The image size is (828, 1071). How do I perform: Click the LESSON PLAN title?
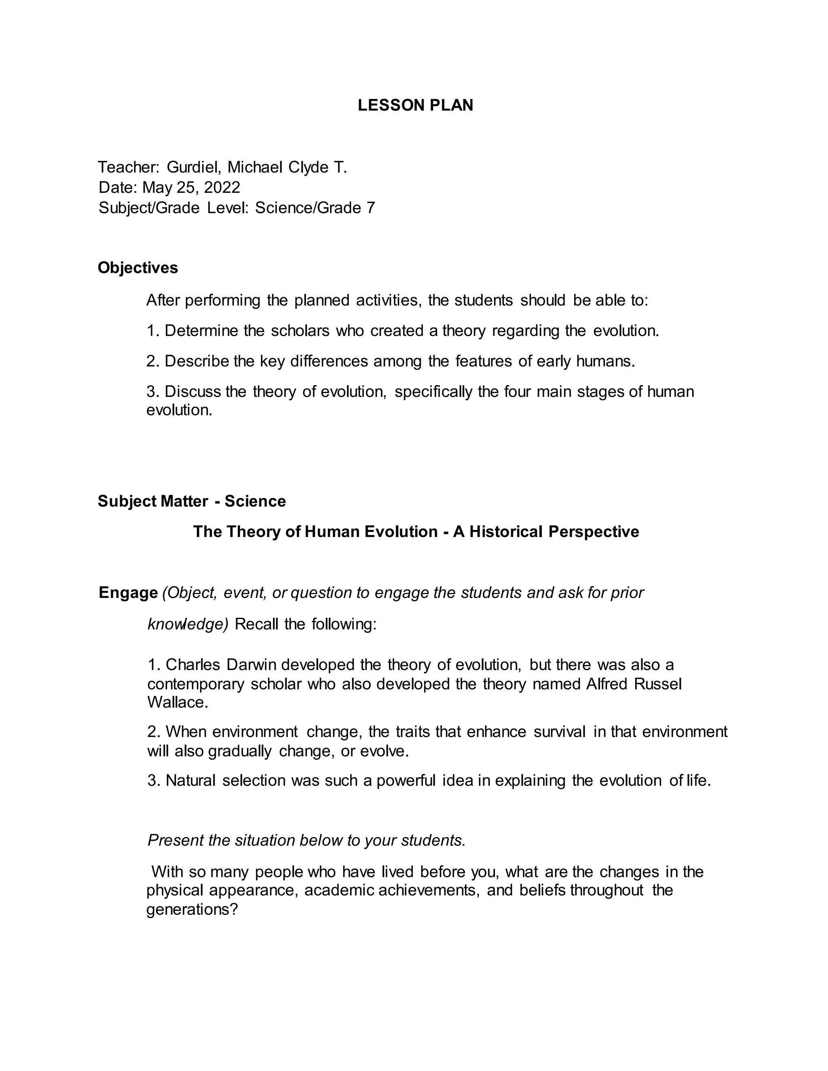[x=415, y=105]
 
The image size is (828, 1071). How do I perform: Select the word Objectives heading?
[x=138, y=268]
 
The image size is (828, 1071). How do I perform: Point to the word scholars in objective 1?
[x=300, y=331]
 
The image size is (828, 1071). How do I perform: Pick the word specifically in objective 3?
[x=433, y=392]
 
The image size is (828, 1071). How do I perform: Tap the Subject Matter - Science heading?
[x=192, y=501]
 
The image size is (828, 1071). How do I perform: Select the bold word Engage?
[x=128, y=593]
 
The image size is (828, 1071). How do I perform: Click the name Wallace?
[x=177, y=703]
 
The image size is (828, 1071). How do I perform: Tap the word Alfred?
[x=607, y=684]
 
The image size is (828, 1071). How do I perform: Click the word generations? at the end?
[x=192, y=910]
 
